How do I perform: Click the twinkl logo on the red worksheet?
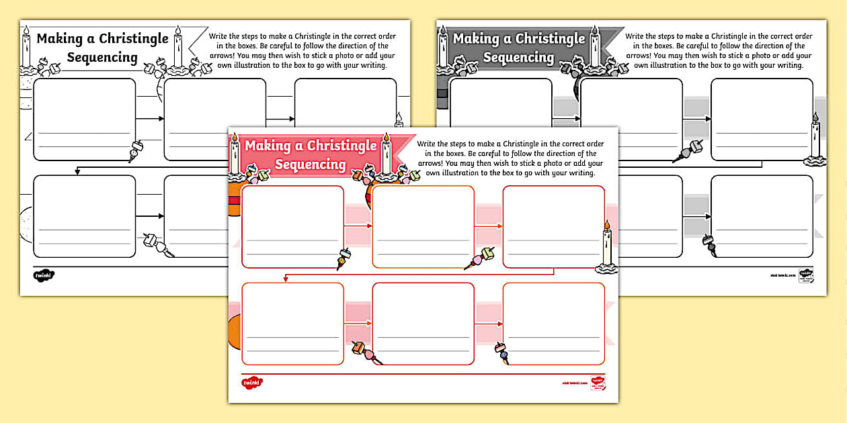pos(252,383)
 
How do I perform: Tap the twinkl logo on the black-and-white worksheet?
pos(43,275)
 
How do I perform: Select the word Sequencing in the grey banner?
pos(518,57)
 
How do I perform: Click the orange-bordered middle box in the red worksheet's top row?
pos(423,226)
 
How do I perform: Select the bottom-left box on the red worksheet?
pos(292,324)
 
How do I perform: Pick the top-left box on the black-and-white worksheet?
pos(84,120)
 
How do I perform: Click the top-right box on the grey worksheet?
pos(762,120)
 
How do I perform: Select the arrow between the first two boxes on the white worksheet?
pos(150,119)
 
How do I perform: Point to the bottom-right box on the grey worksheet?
pos(762,216)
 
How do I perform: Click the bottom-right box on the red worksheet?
pos(553,324)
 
